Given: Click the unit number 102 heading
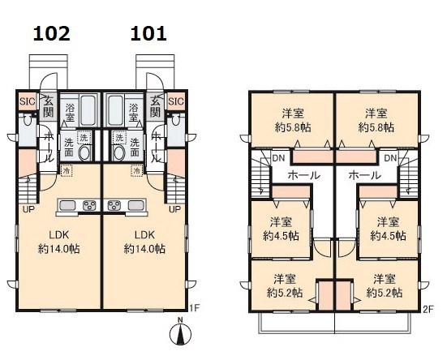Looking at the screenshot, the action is click(x=52, y=33).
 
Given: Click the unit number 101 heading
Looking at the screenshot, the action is click(x=148, y=33).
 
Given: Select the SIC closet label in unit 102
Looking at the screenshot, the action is click(x=28, y=101).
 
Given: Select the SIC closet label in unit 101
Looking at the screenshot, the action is click(x=176, y=101).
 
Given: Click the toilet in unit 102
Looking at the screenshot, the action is click(x=28, y=121).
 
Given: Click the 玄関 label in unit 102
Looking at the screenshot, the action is click(x=49, y=106).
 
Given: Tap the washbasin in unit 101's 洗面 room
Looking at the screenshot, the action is click(x=119, y=153).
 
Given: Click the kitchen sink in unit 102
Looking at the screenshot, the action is click(x=67, y=205).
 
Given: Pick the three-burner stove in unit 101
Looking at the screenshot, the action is click(x=114, y=205).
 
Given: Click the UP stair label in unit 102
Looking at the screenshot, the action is click(x=28, y=210).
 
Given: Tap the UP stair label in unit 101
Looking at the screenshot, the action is click(x=174, y=210).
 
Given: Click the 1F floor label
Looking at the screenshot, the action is click(x=195, y=307).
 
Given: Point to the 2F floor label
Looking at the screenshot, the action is click(x=428, y=310).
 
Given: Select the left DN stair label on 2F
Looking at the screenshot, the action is click(x=278, y=158).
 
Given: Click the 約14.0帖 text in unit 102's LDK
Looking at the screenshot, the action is click(x=59, y=249).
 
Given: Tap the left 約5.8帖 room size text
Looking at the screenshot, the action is click(x=293, y=127).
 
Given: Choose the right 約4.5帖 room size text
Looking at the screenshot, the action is click(x=389, y=236).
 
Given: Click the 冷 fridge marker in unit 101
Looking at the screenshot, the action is click(x=136, y=171).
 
